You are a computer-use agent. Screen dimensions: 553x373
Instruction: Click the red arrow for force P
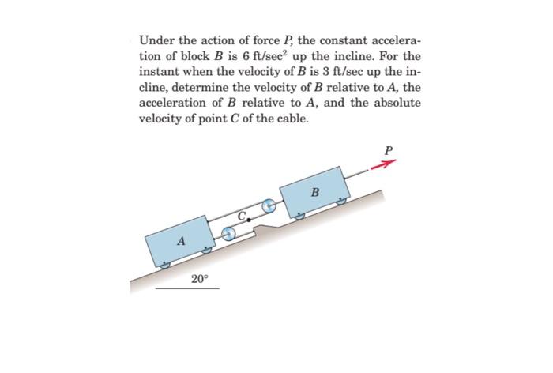(384, 165)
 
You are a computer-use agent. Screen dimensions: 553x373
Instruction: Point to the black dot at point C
(250, 219)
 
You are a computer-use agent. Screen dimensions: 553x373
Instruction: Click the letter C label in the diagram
(243, 212)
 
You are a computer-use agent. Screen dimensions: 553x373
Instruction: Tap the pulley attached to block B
(269, 206)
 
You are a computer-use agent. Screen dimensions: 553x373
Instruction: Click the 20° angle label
(201, 278)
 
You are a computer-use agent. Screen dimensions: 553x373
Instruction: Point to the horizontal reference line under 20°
(187, 288)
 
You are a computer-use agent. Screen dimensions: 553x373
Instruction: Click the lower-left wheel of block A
(164, 265)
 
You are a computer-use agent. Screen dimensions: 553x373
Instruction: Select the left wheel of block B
(299, 215)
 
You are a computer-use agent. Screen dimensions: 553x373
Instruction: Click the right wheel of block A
(208, 249)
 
